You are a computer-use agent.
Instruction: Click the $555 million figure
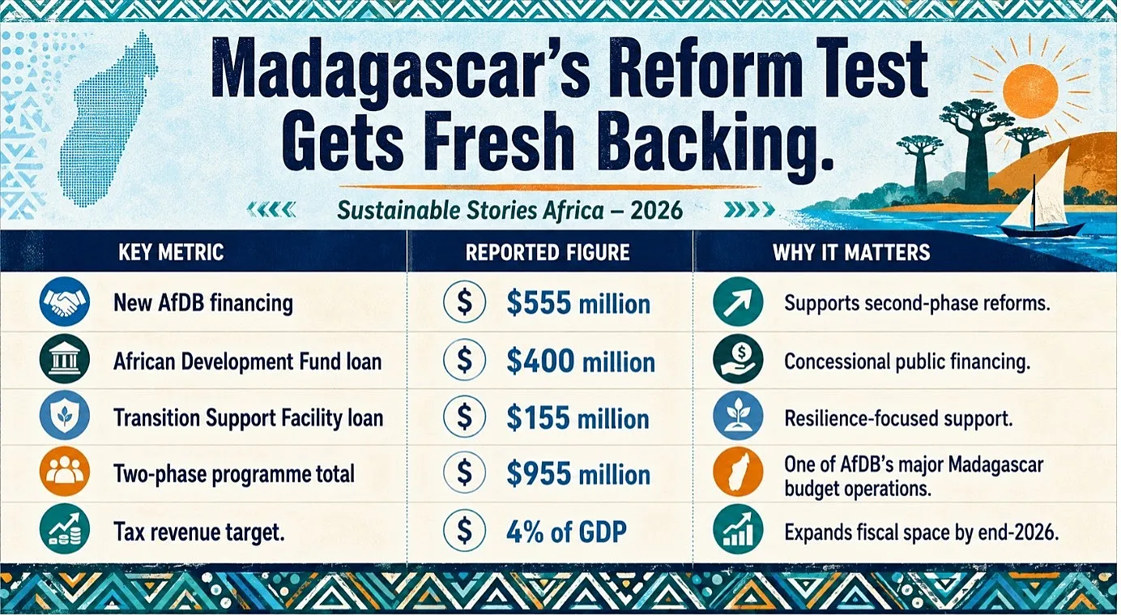coord(578,303)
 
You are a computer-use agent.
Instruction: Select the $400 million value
coord(581,361)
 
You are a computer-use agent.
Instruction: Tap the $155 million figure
coord(578,418)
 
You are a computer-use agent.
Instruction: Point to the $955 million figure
coord(578,474)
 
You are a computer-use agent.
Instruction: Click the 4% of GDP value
coord(566,532)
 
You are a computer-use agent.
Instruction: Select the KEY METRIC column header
coord(171,252)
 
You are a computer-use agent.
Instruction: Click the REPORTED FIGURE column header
coord(548,252)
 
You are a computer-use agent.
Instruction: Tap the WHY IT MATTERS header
coord(851,252)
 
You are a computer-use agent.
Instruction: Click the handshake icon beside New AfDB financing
coord(65,302)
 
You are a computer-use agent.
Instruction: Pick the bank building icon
coord(65,360)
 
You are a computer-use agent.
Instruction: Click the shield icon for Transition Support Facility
coord(65,416)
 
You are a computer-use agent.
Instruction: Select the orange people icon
coord(65,473)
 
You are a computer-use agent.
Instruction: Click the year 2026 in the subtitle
coord(657,211)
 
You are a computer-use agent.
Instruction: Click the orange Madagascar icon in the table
coord(738,472)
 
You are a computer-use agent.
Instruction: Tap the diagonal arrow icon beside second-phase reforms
coord(738,302)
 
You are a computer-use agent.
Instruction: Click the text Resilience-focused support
coord(898,418)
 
